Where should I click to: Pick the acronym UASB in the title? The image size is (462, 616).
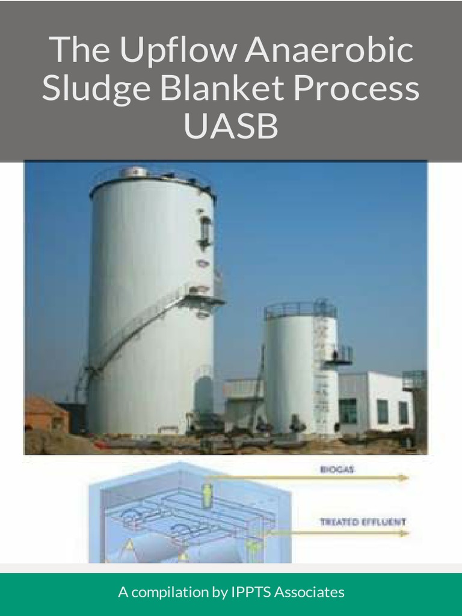[x=231, y=126]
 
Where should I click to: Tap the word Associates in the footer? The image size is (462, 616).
[x=309, y=593]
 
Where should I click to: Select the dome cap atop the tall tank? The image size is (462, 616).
[x=135, y=173]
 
